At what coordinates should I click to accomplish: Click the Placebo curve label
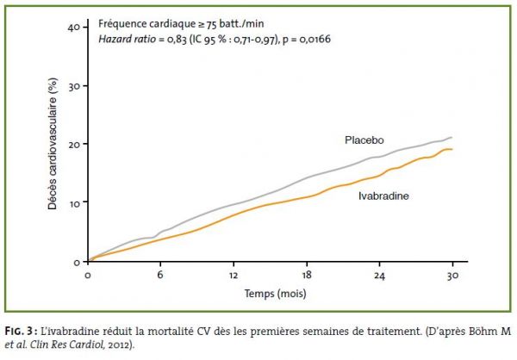pos(364,140)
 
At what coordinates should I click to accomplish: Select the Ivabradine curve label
pos(383,196)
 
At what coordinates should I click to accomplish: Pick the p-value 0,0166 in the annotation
pos(315,40)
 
